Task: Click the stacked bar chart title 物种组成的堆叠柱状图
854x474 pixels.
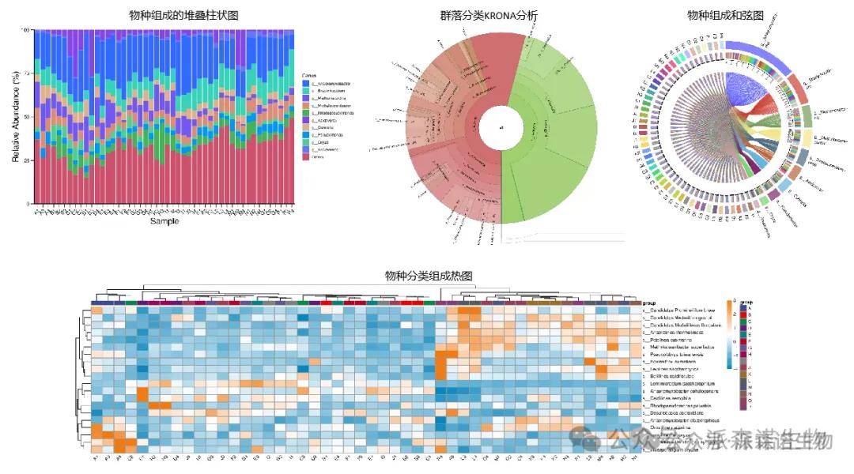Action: [183, 16]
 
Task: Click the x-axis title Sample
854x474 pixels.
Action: [164, 221]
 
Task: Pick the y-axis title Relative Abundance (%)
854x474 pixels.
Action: [16, 116]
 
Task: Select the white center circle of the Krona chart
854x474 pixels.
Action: [500, 127]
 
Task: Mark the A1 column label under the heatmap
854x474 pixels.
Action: [96, 459]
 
